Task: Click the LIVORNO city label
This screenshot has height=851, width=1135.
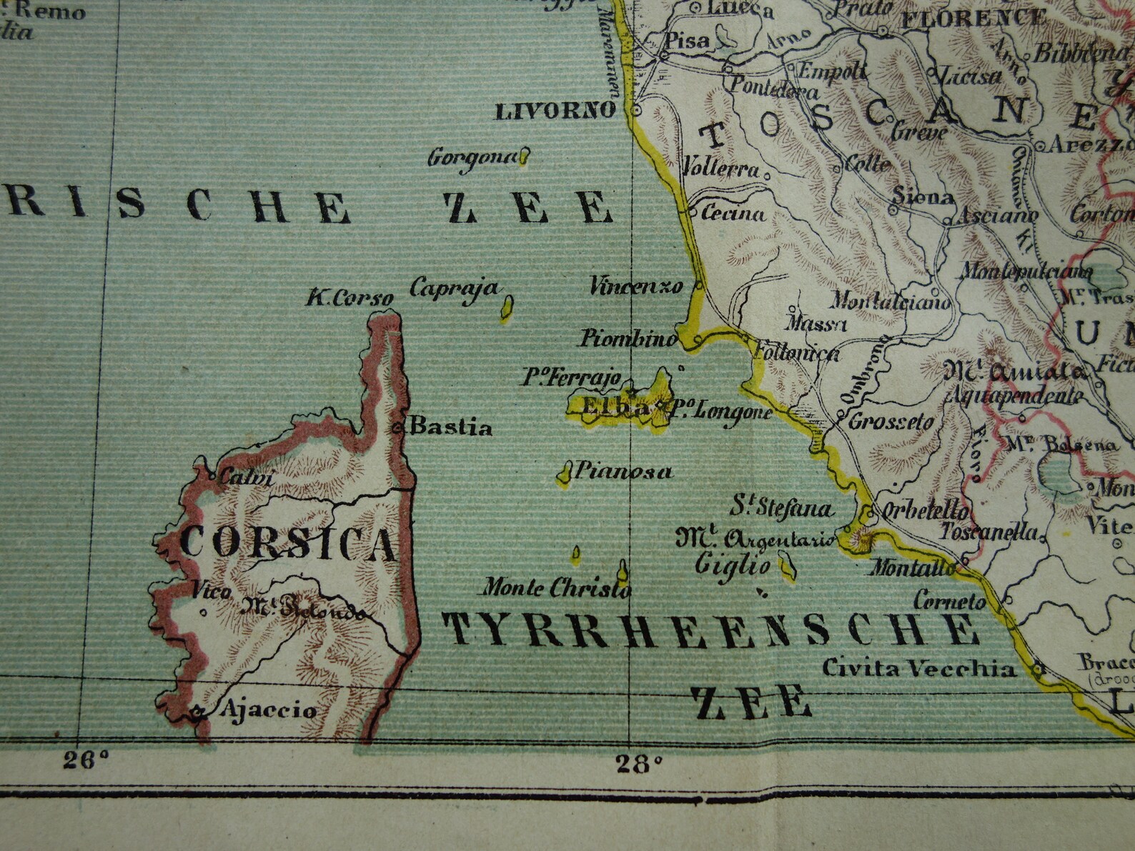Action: (x=555, y=111)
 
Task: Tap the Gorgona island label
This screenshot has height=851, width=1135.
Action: (x=472, y=157)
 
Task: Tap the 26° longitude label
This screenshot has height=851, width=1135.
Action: (x=85, y=760)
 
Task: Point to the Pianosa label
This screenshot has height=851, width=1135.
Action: (x=624, y=472)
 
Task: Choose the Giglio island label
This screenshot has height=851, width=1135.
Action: (x=733, y=567)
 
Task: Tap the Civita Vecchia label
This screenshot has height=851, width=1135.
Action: (x=918, y=669)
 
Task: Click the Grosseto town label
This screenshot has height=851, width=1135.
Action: (x=891, y=422)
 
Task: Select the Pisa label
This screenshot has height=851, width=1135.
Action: (x=687, y=41)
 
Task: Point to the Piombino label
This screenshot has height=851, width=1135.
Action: (x=628, y=339)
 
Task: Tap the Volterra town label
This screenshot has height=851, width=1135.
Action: (x=720, y=170)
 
